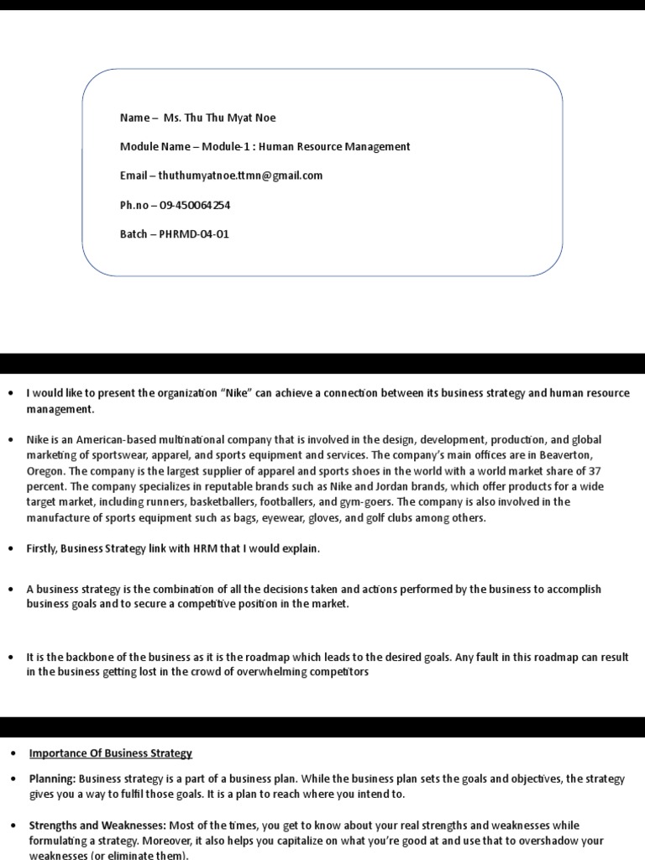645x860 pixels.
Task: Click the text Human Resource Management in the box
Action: click(x=334, y=146)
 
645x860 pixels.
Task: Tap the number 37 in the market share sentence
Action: click(x=594, y=471)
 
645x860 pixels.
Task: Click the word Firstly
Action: click(x=45, y=548)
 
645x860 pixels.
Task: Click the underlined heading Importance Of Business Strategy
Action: click(x=111, y=753)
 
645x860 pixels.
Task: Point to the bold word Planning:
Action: click(x=52, y=779)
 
